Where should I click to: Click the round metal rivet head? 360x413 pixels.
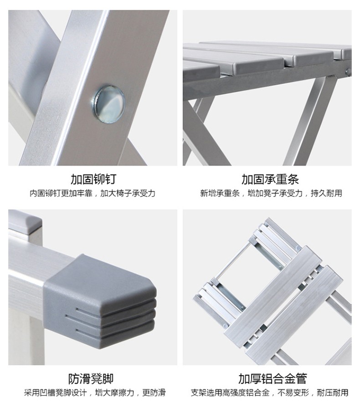(109, 103)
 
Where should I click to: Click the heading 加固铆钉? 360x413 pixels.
(93, 179)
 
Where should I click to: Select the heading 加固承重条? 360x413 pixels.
(270, 179)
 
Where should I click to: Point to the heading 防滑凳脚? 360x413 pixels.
(91, 379)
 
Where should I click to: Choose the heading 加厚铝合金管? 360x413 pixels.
(273, 379)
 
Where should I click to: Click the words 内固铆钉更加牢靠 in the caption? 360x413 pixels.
(61, 194)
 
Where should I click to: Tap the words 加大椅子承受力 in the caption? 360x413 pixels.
(128, 194)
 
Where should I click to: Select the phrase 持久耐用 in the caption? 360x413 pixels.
(326, 194)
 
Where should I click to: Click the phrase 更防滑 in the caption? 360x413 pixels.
(154, 393)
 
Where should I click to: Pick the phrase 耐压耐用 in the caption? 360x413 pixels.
(332, 393)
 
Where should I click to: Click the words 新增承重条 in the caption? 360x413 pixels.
(220, 194)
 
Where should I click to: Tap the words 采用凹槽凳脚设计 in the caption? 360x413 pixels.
(55, 393)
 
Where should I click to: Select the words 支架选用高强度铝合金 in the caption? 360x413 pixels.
(230, 393)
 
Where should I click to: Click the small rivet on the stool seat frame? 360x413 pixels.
(349, 71)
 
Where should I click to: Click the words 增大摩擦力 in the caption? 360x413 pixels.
(115, 393)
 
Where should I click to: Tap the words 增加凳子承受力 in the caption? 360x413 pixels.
(275, 194)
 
